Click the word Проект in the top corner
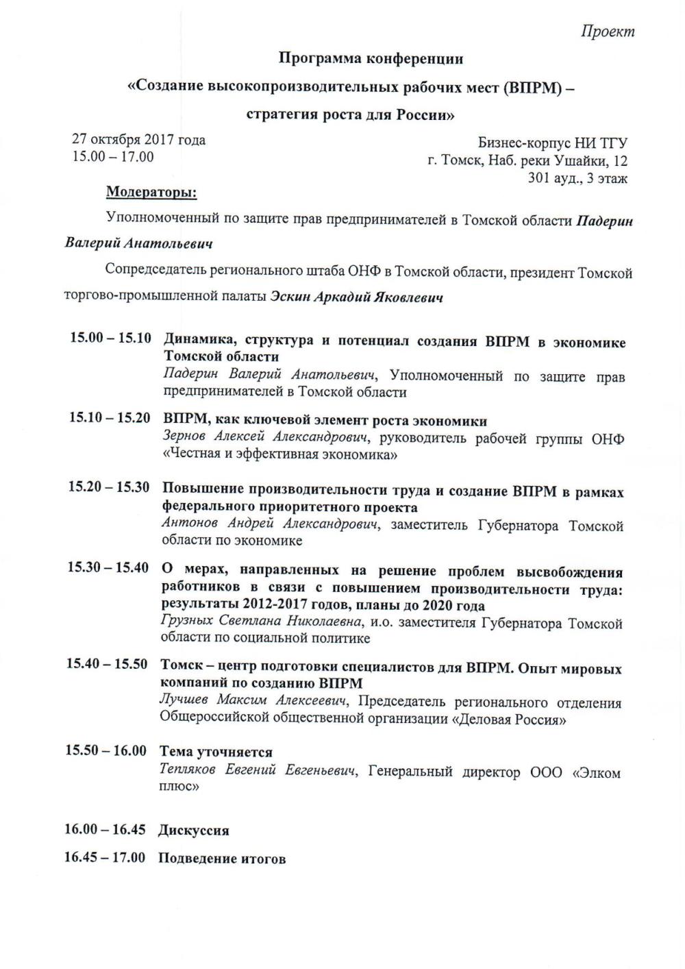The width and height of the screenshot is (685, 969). pyautogui.click(x=608, y=32)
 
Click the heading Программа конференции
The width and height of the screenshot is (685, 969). pyautogui.click(x=371, y=59)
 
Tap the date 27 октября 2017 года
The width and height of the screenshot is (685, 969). pyautogui.click(x=139, y=140)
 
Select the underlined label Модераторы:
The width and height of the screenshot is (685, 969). pyautogui.click(x=151, y=193)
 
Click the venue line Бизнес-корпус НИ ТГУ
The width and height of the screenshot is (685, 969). pyautogui.click(x=553, y=143)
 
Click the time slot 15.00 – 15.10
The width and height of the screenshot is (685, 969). pyautogui.click(x=110, y=339)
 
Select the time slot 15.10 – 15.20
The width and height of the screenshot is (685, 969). pyautogui.click(x=110, y=418)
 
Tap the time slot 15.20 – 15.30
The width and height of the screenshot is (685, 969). pyautogui.click(x=109, y=487)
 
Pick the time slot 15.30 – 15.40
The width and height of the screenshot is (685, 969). pyautogui.click(x=108, y=568)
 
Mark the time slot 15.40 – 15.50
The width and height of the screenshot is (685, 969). pyautogui.click(x=107, y=664)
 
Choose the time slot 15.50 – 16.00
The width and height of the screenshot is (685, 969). pyautogui.click(x=106, y=750)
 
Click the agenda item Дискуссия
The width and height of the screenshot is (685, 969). pyautogui.click(x=194, y=831)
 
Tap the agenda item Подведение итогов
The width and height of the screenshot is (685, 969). pyautogui.click(x=222, y=859)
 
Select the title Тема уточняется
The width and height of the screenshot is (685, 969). pyautogui.click(x=216, y=752)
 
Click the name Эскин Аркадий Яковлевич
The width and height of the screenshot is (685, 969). pyautogui.click(x=356, y=297)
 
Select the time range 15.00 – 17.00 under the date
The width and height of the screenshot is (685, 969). pyautogui.click(x=113, y=157)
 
